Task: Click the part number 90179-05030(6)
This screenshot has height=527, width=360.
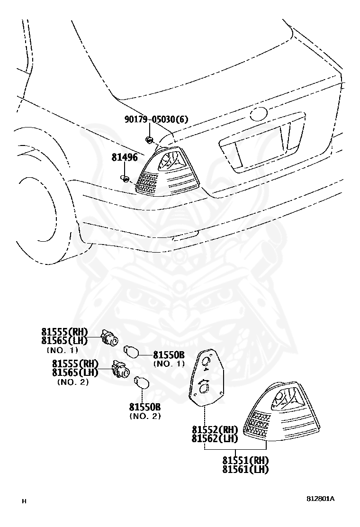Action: coord(156,119)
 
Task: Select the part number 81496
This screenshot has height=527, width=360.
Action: coord(125,157)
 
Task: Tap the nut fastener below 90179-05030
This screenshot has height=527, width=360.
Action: coord(148,139)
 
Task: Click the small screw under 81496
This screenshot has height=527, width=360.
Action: coord(125,179)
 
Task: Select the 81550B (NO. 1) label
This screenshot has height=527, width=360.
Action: coord(169,359)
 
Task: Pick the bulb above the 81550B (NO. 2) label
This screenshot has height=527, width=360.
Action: coord(142,383)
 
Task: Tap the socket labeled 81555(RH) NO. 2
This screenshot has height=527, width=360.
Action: coord(121,370)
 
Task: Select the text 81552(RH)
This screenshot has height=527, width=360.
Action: coord(215,429)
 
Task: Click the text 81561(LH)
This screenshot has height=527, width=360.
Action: coord(245,469)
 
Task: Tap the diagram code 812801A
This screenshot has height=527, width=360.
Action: coord(320,499)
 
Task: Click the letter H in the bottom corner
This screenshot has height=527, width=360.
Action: coord(24,501)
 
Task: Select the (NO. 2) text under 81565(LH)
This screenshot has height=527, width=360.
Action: coord(73,382)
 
